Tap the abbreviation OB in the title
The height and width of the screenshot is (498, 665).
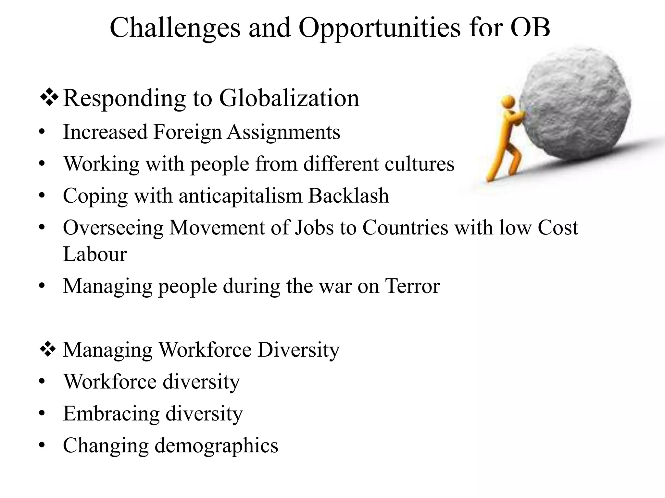coord(530,28)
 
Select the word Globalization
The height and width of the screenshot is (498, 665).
coord(289,98)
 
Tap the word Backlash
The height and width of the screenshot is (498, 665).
coord(348,196)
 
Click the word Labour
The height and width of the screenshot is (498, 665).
coord(95,254)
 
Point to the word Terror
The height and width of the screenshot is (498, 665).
coord(412,286)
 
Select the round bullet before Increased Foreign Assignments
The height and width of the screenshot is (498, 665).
coord(42,132)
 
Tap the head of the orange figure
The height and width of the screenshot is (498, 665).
coord(508,101)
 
